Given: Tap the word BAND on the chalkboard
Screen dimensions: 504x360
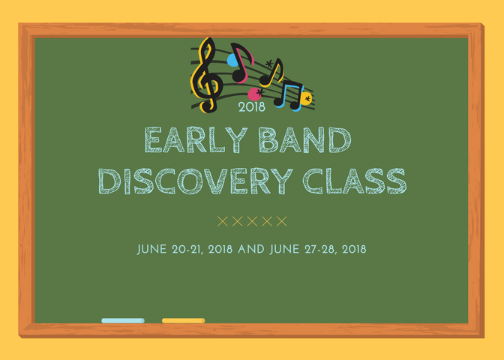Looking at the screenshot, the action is click(304, 139).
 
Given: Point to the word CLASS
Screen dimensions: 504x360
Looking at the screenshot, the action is click(355, 181).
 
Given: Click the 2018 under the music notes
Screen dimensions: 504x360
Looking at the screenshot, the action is click(252, 107).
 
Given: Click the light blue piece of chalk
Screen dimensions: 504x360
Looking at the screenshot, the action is click(123, 320).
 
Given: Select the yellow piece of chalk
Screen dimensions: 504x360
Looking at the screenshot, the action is click(184, 320).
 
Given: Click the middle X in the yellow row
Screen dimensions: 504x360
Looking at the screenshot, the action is click(252, 221).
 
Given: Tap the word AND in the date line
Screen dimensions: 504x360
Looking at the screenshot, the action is click(251, 250).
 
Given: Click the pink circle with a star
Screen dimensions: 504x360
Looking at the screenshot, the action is click(256, 94).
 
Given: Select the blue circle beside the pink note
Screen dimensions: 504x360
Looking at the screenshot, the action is click(232, 60).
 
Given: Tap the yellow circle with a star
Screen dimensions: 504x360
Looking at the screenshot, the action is click(306, 99).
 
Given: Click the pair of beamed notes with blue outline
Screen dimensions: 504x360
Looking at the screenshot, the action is click(289, 96).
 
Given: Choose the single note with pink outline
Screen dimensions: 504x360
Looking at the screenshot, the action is click(241, 63).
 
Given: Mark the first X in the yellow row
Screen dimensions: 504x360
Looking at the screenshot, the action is click(223, 221).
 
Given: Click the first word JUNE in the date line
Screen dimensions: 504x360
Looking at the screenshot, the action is click(151, 250).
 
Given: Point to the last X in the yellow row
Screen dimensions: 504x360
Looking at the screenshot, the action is click(281, 221).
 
